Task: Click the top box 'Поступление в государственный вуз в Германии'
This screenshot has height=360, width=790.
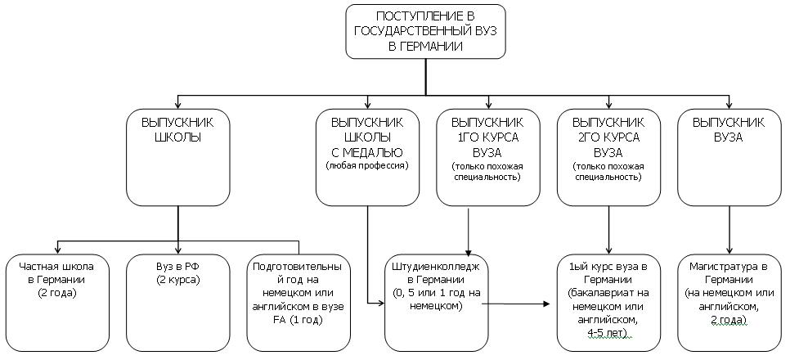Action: click(x=426, y=32)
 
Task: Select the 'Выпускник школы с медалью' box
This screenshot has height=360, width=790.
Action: click(x=367, y=155)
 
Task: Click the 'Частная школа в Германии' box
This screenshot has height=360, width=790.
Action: click(x=56, y=302)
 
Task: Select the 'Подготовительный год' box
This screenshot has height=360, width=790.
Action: click(x=298, y=302)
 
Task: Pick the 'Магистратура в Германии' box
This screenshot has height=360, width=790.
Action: click(x=728, y=302)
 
